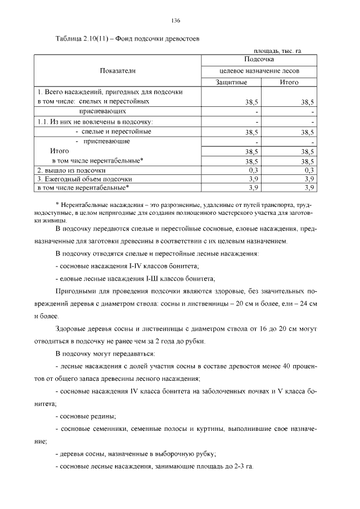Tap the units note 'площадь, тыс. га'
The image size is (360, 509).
[278, 51]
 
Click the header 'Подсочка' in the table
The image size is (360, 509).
[259, 59]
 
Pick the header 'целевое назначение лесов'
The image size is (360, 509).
[259, 71]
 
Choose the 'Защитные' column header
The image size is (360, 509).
[231, 82]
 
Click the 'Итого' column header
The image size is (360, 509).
[289, 82]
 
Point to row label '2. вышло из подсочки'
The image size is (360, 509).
[71, 169]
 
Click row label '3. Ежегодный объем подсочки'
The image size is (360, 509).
[81, 178]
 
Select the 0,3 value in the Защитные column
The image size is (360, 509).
[253, 169]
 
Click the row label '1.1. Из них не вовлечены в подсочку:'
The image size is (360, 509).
[96, 121]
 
